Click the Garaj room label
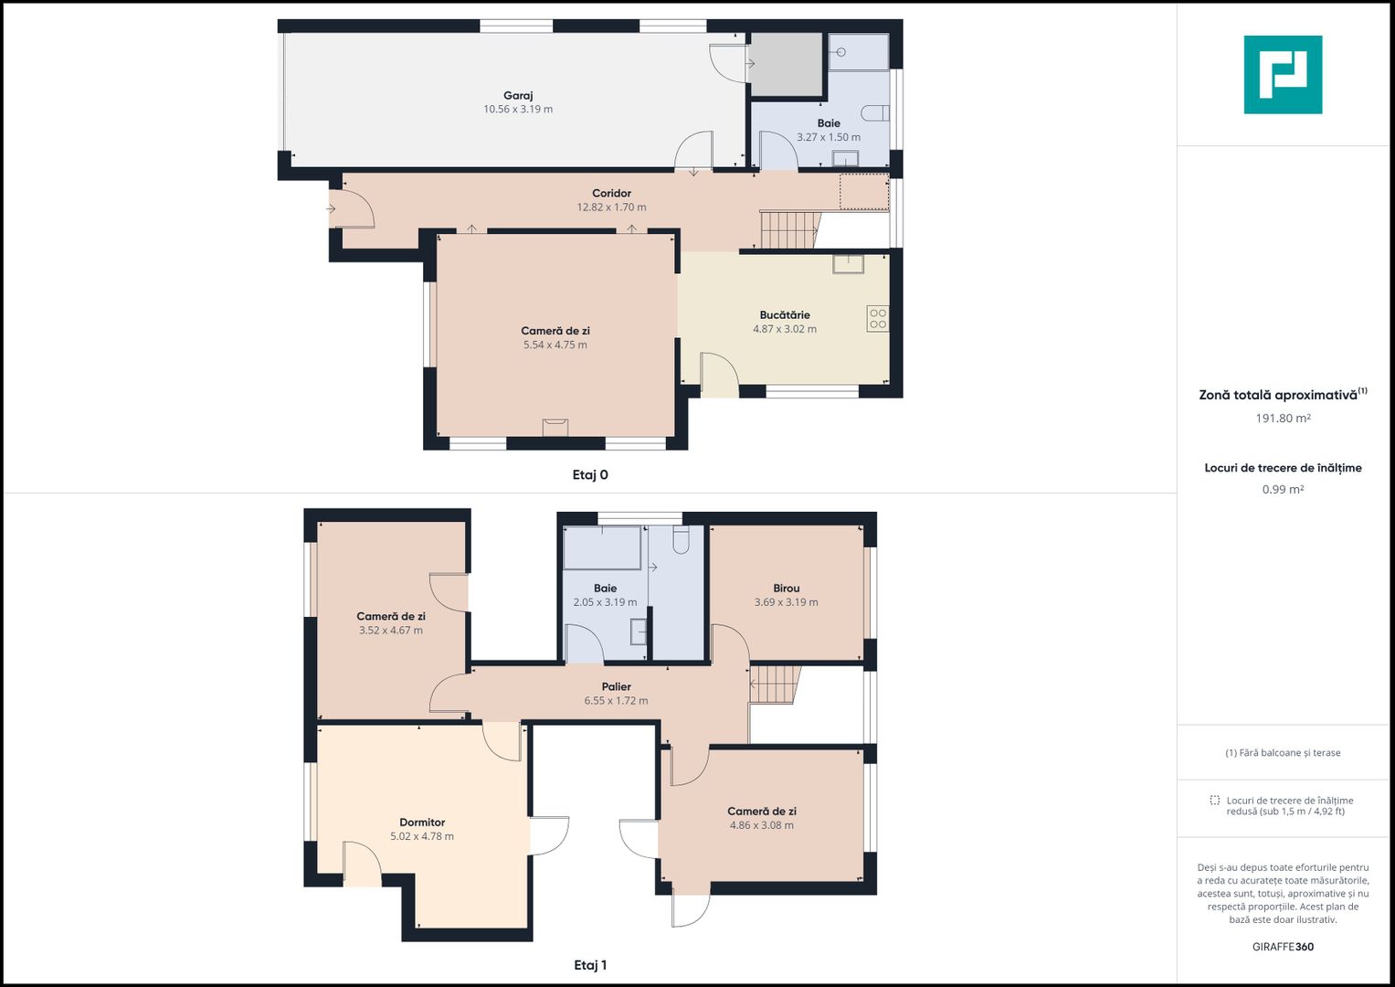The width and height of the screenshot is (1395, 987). (x=518, y=95)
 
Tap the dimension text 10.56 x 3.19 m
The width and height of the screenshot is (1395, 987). (x=518, y=109)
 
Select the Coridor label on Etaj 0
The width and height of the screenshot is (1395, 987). (x=611, y=193)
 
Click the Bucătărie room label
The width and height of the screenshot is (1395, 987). (x=785, y=314)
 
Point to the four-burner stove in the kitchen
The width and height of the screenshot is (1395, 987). (x=878, y=318)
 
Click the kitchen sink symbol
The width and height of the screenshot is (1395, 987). (x=848, y=263)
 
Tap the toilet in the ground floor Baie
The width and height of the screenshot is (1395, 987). (x=875, y=113)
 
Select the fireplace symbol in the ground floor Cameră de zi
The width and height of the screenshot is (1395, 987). (x=555, y=428)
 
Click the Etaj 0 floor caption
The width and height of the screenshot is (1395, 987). (x=590, y=475)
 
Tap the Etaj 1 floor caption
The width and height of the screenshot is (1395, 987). (x=590, y=965)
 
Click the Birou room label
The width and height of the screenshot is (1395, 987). (x=787, y=588)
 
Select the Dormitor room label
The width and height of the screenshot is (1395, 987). (x=422, y=822)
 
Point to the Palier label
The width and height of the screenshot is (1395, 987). (x=617, y=686)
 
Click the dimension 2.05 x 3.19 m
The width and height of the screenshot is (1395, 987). (x=606, y=602)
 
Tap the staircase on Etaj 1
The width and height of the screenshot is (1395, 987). (x=775, y=685)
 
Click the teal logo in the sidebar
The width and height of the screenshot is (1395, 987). (x=1283, y=75)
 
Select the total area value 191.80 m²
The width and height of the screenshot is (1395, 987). (x=1283, y=419)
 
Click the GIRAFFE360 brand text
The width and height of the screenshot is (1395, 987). (x=1283, y=947)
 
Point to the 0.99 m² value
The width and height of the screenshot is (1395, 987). (x=1283, y=489)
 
